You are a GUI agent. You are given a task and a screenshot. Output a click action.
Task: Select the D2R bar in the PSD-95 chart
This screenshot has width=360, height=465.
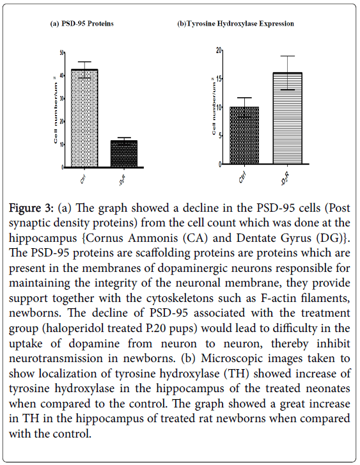[124, 154]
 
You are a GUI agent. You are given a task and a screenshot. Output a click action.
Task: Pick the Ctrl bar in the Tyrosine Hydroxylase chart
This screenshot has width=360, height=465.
[244, 135]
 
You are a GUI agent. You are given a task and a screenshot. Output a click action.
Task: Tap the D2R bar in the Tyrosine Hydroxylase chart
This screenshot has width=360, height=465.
[287, 118]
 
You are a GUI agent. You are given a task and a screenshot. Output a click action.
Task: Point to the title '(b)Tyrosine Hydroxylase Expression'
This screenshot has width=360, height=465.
[235, 24]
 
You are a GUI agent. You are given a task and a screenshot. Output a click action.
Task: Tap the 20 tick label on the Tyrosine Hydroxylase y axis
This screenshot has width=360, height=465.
[219, 50]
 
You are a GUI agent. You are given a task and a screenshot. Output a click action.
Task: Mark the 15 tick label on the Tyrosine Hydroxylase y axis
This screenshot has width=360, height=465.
[219, 79]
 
